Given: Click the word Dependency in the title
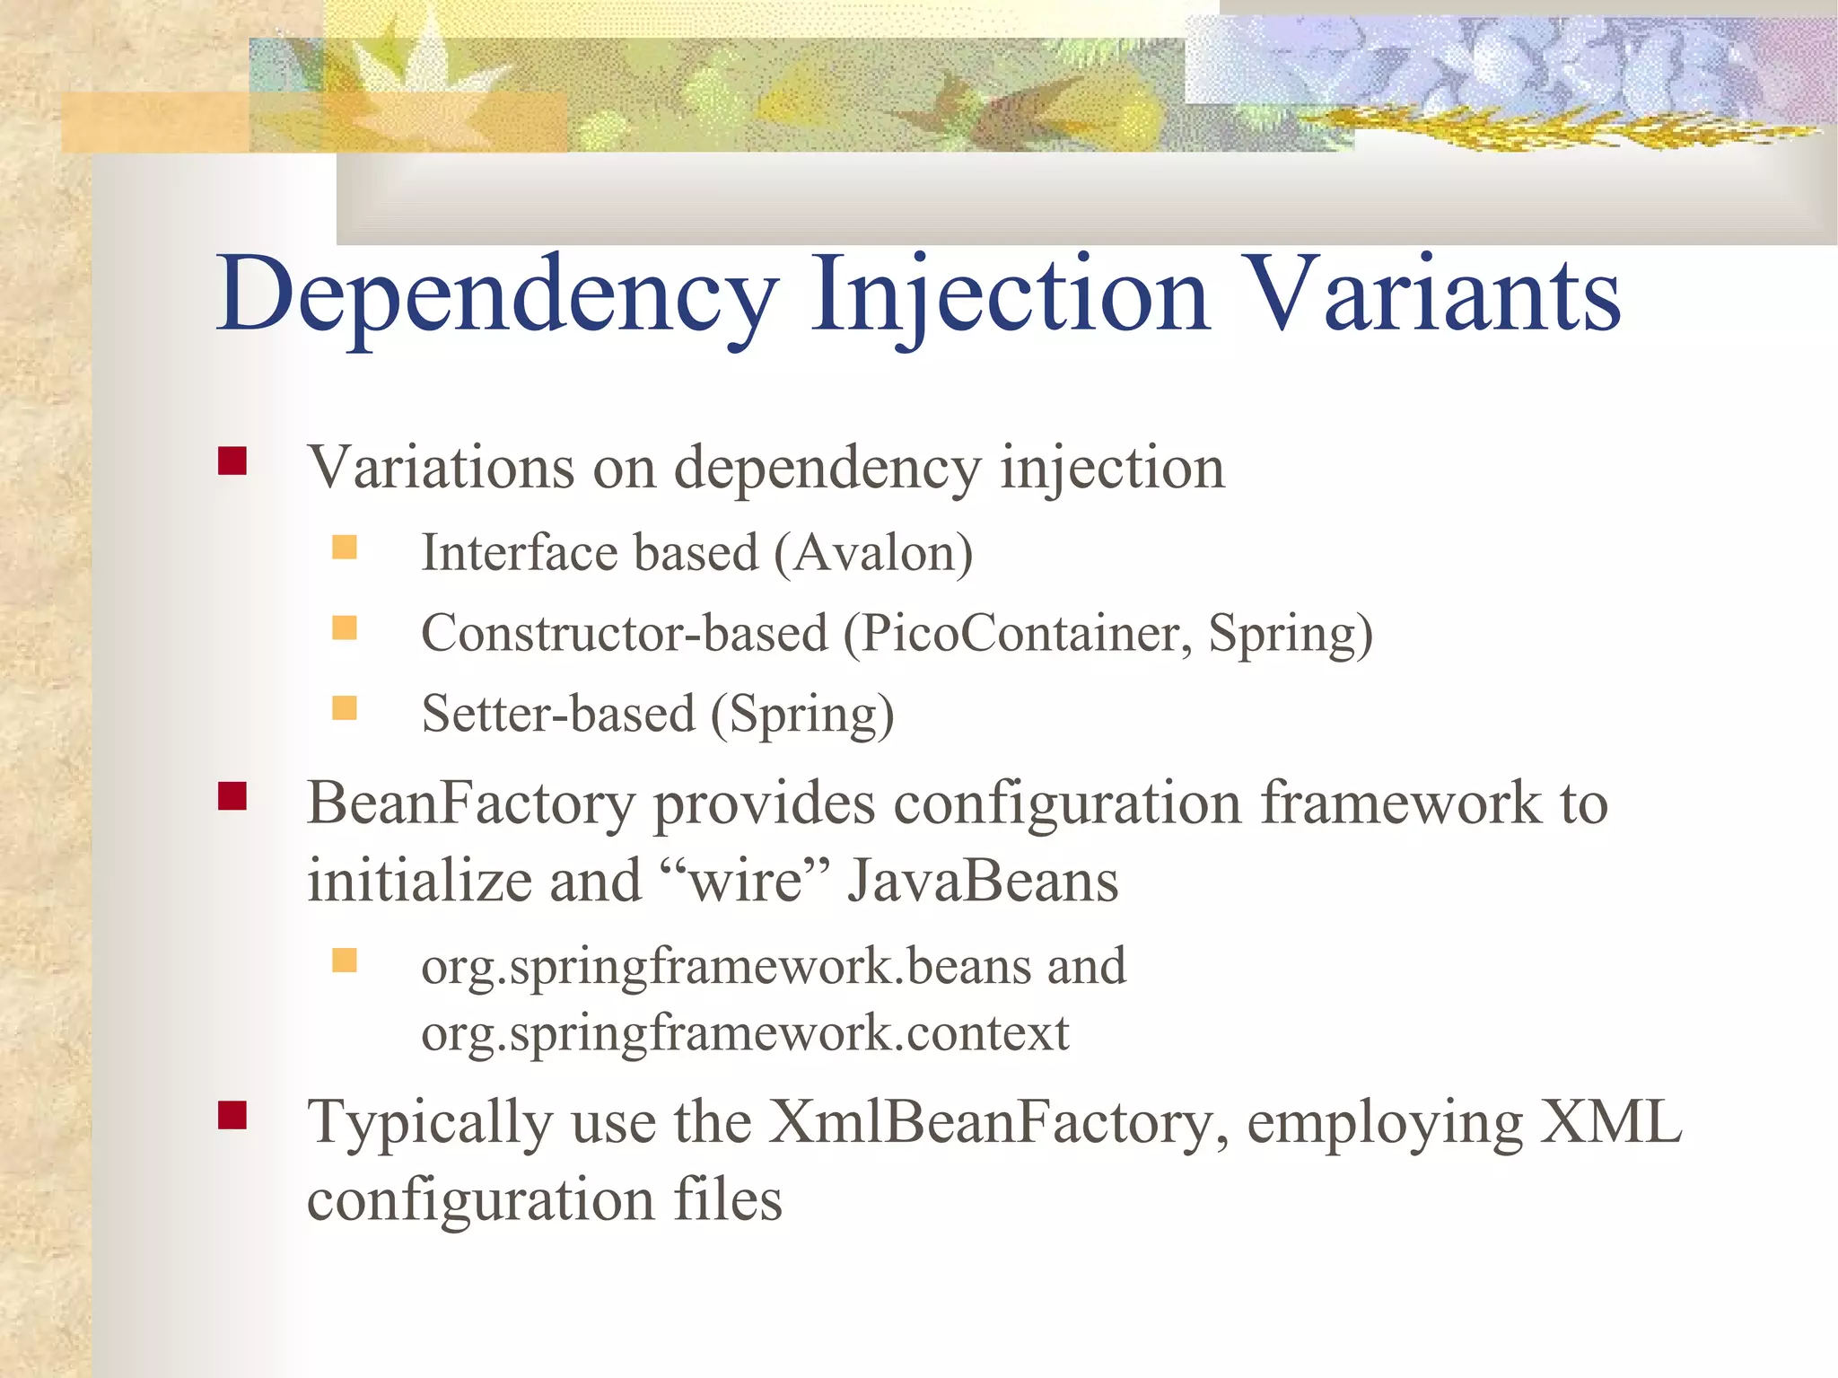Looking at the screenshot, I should [x=498, y=296].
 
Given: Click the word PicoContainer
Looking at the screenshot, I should [x=1018, y=634].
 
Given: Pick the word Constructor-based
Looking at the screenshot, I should [x=625, y=634].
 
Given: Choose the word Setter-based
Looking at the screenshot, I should [x=558, y=715].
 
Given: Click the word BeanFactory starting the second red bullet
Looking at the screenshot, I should [x=471, y=803].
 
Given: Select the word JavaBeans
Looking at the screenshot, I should [x=983, y=881].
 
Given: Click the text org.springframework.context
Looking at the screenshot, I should [x=745, y=1033].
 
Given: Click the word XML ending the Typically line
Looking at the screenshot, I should [x=1610, y=1122].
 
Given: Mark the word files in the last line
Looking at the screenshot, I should [x=728, y=1199].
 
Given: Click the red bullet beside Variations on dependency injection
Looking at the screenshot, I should [x=232, y=461].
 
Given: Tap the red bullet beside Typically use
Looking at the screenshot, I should [x=232, y=1116].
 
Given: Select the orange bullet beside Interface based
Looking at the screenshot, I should [x=345, y=547].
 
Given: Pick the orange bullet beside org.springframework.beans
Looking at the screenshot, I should [x=345, y=961].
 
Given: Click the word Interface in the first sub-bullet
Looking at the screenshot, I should [x=520, y=553].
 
